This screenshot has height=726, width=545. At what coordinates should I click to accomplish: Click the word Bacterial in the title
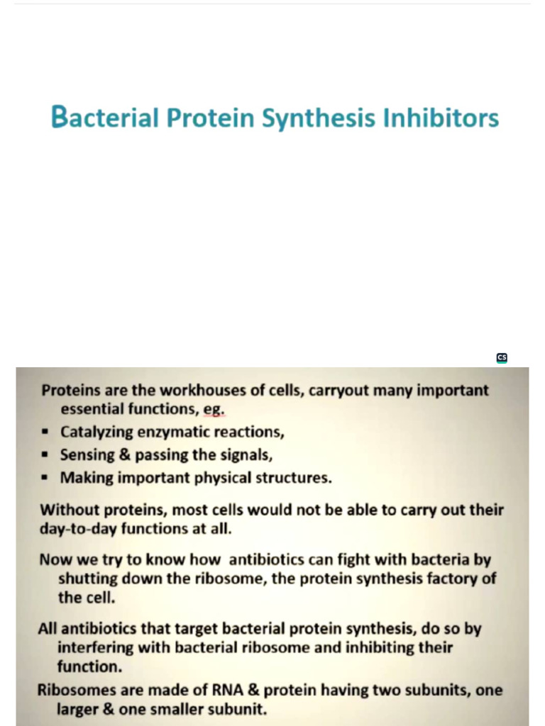105,118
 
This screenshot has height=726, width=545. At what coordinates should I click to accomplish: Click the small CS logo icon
502,358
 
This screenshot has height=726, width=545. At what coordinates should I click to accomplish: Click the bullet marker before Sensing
45,455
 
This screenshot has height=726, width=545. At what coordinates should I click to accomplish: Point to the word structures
293,478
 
